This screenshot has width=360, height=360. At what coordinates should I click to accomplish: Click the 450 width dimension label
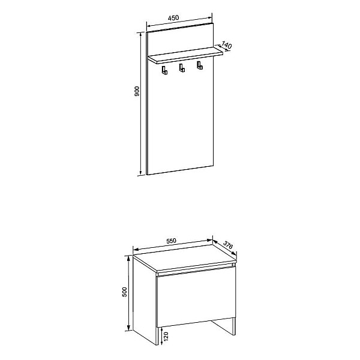point(173,17)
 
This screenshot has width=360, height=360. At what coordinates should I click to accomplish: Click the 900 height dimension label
point(137,91)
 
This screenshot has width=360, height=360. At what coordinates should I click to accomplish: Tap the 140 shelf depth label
point(227,45)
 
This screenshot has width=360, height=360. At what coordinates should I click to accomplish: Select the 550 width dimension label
point(171,241)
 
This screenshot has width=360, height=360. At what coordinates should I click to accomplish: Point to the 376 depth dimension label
point(228,245)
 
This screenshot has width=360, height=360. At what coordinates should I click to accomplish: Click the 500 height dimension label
point(124,292)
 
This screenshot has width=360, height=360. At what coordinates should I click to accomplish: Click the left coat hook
point(164,70)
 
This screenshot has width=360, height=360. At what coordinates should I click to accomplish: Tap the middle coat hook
point(182,68)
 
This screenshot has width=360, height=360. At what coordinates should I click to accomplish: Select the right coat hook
point(200,65)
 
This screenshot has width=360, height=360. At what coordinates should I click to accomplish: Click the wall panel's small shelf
point(185,55)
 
